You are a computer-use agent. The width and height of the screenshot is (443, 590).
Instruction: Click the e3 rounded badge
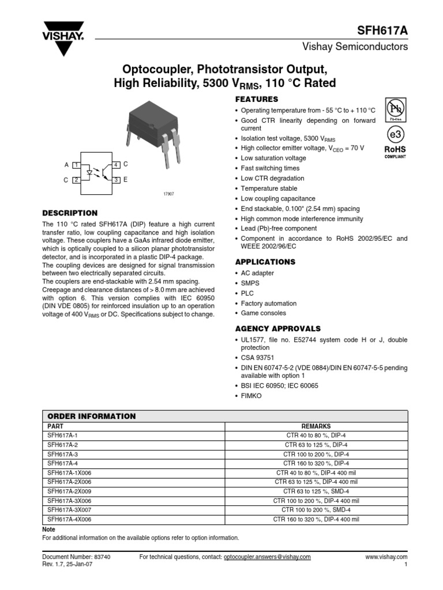point(395,134)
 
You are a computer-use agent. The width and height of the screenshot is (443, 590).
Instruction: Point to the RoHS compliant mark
point(395,152)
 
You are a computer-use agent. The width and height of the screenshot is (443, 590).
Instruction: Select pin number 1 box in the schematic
point(76,165)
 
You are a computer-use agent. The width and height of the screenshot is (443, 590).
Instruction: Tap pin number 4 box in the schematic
point(116,165)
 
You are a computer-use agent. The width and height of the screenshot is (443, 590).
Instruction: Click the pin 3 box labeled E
point(116,180)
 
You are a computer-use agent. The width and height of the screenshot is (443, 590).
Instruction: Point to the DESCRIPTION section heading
point(70,213)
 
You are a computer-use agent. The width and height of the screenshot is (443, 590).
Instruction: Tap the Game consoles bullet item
point(263,313)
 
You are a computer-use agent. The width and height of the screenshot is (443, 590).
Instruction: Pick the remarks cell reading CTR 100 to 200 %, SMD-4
point(316,510)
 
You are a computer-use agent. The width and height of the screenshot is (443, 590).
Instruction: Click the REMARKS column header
point(316,427)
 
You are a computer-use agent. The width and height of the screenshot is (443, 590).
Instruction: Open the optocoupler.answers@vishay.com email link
point(266,557)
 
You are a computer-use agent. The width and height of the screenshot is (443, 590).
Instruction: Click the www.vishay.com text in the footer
point(386,557)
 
